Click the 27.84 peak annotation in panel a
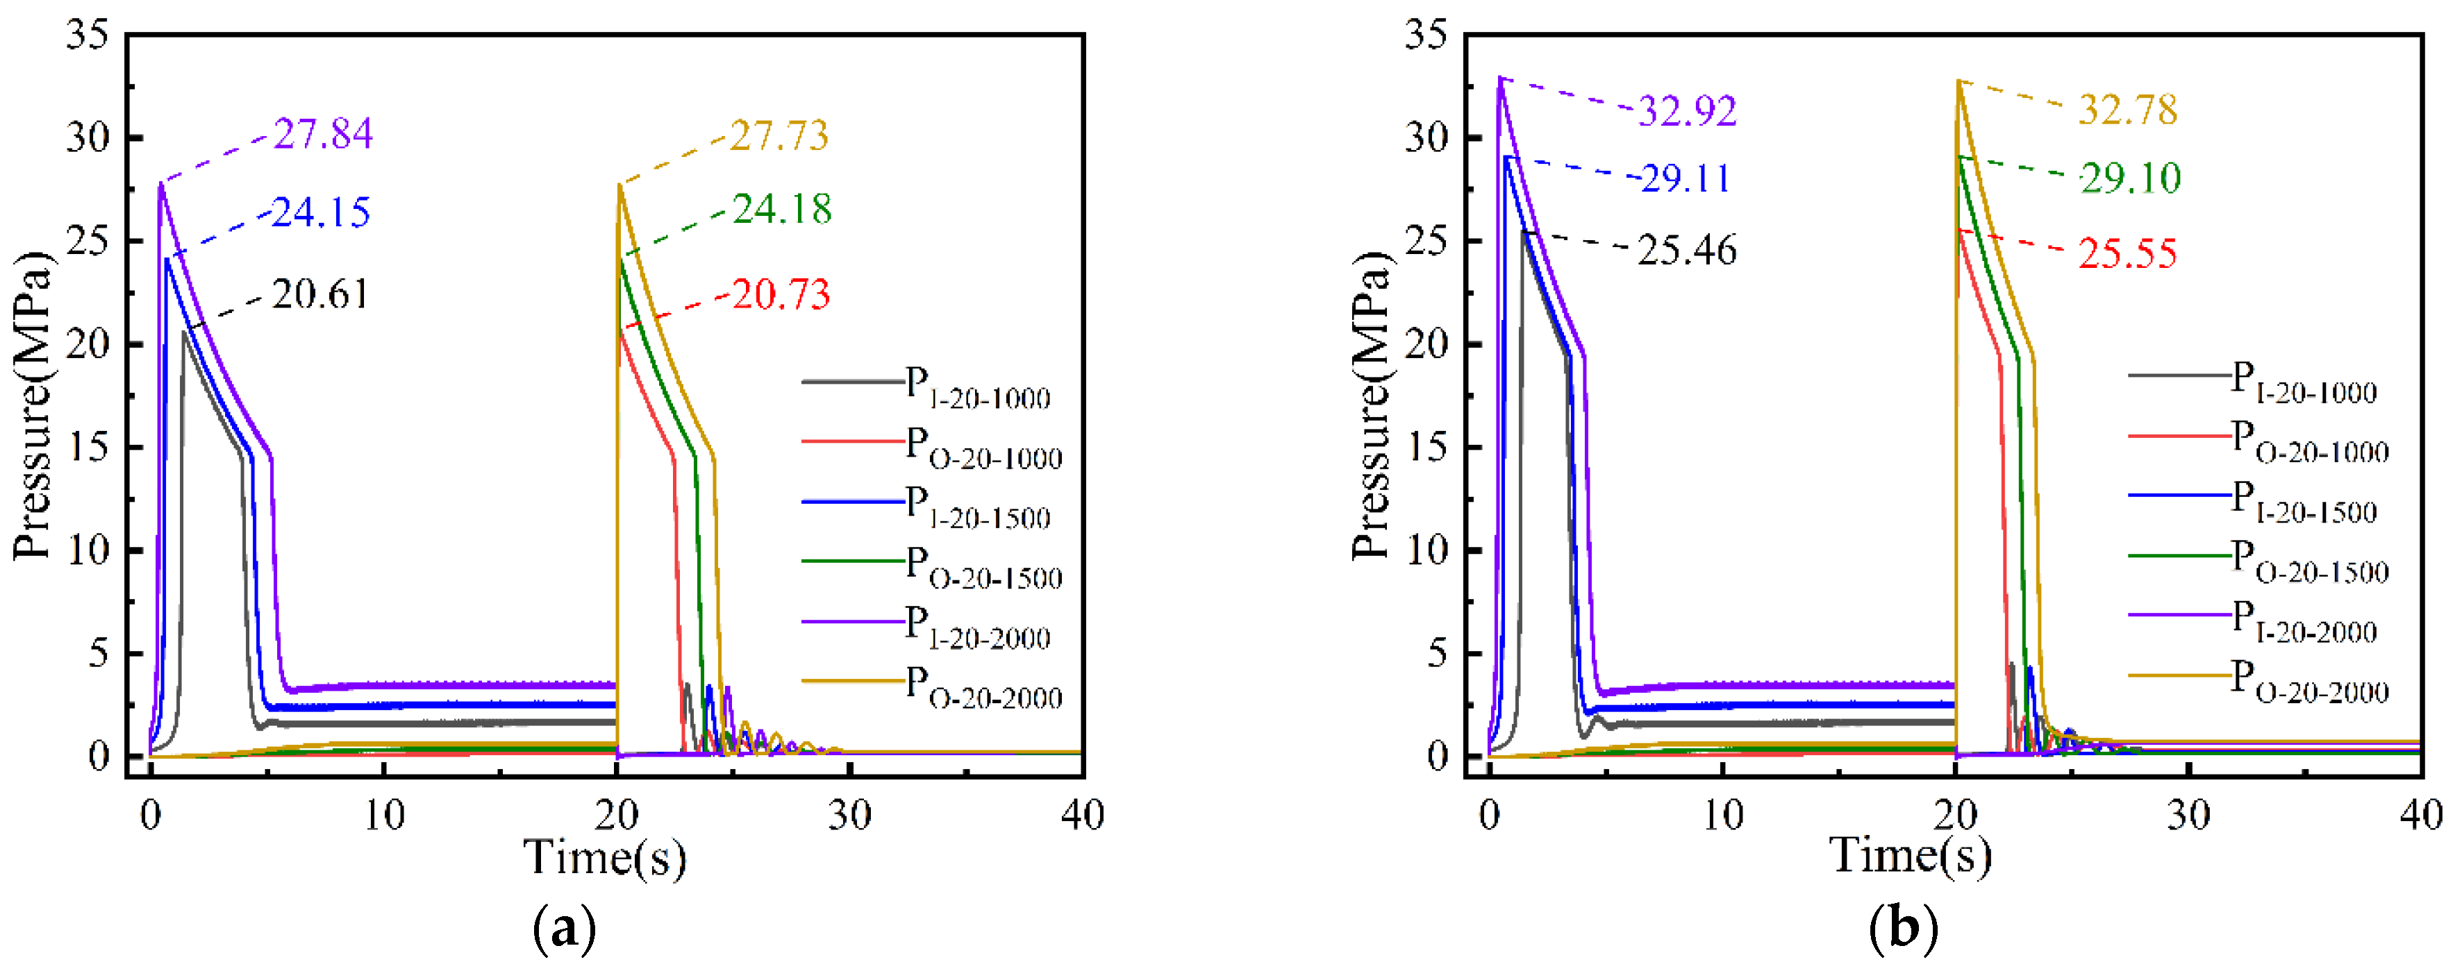323,134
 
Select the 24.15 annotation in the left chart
321,212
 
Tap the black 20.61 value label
321,294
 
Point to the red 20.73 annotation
781,294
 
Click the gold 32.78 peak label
2127,110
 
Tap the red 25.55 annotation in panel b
2127,254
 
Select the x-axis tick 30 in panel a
849,816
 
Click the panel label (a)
565,928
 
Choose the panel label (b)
1902,928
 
